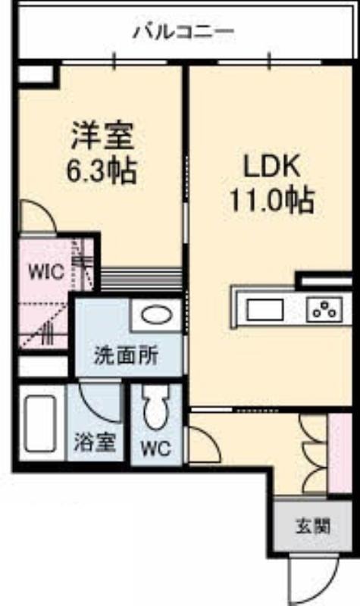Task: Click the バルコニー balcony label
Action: [183, 32]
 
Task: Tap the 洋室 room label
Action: [102, 136]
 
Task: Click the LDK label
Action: [271, 167]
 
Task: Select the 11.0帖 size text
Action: [271, 200]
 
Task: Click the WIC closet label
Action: [46, 272]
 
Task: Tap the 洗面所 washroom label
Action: [127, 355]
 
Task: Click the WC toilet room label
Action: [155, 448]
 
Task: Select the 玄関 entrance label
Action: [313, 526]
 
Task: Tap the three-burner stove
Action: [325, 310]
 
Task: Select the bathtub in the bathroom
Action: [40, 423]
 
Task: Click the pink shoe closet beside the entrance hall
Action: [340, 453]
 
